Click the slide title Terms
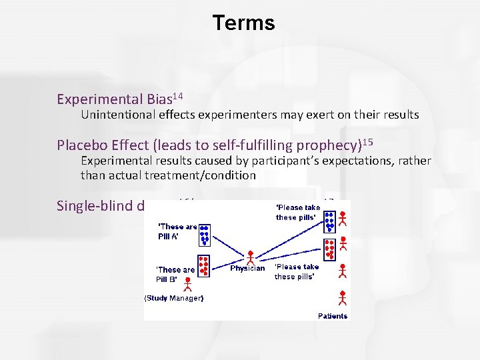(x=243, y=23)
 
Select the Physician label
(x=247, y=268)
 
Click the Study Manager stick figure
(x=187, y=285)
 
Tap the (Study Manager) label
(x=174, y=298)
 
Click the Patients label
(x=332, y=315)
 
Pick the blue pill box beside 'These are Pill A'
(x=205, y=235)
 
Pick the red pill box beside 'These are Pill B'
(x=205, y=265)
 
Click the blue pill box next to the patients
(x=329, y=221)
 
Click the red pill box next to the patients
(x=329, y=249)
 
